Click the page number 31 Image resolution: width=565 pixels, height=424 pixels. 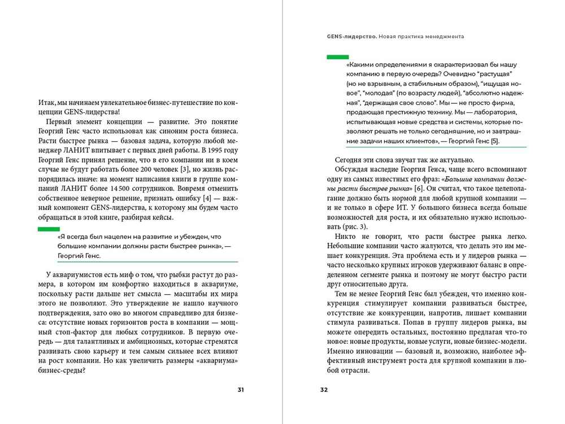coord(241,390)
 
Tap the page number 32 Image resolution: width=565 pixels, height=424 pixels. coord(324,390)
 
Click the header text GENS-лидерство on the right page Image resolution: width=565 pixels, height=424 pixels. coord(349,36)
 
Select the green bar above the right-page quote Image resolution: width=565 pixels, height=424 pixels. coord(337,57)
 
